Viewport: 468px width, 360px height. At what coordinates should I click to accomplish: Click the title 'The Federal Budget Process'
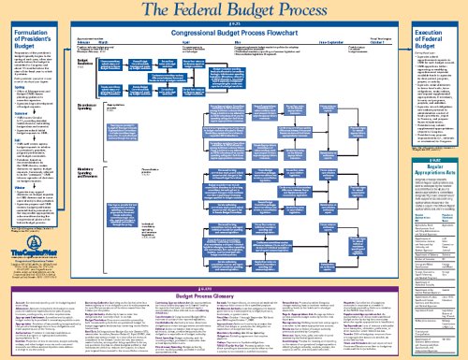tap(233, 10)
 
